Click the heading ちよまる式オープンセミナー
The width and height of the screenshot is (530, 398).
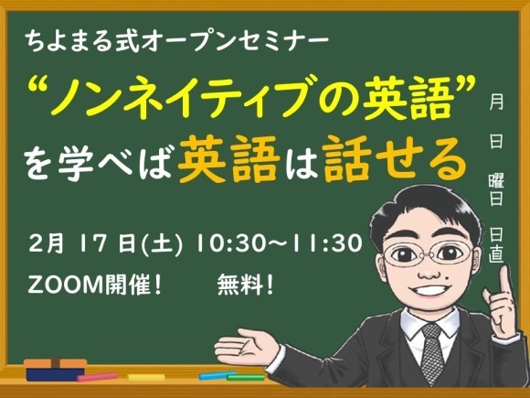175,41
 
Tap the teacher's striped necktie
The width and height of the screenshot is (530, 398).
430,353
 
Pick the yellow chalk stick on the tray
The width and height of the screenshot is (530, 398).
145,377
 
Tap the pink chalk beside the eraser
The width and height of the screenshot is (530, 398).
98,376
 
